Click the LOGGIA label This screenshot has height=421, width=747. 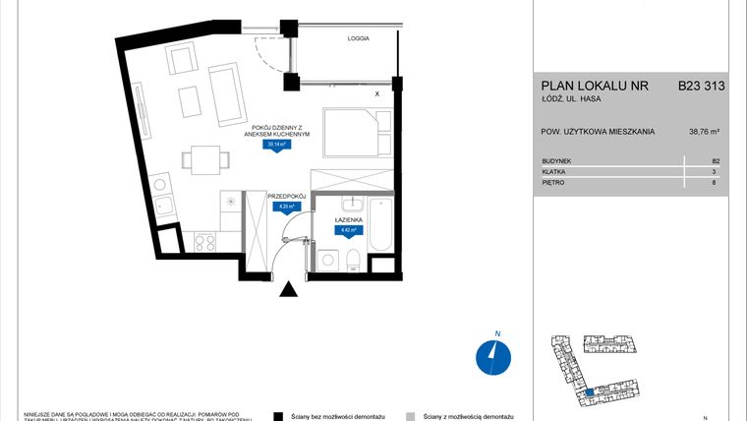click(x=358, y=38)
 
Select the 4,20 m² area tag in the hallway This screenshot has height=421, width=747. click(x=286, y=207)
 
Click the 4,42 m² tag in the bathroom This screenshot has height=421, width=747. click(x=345, y=231)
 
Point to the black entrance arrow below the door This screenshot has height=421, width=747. click(x=288, y=289)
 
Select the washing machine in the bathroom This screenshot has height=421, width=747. click(x=326, y=259)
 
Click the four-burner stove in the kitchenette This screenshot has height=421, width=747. click(x=204, y=239)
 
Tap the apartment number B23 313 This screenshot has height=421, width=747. click(x=701, y=87)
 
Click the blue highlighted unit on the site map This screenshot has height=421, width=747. click(x=588, y=393)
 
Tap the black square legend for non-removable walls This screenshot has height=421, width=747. click(x=279, y=416)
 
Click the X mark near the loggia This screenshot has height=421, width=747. click(x=377, y=94)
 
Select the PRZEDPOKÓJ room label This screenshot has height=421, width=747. click(x=287, y=196)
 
